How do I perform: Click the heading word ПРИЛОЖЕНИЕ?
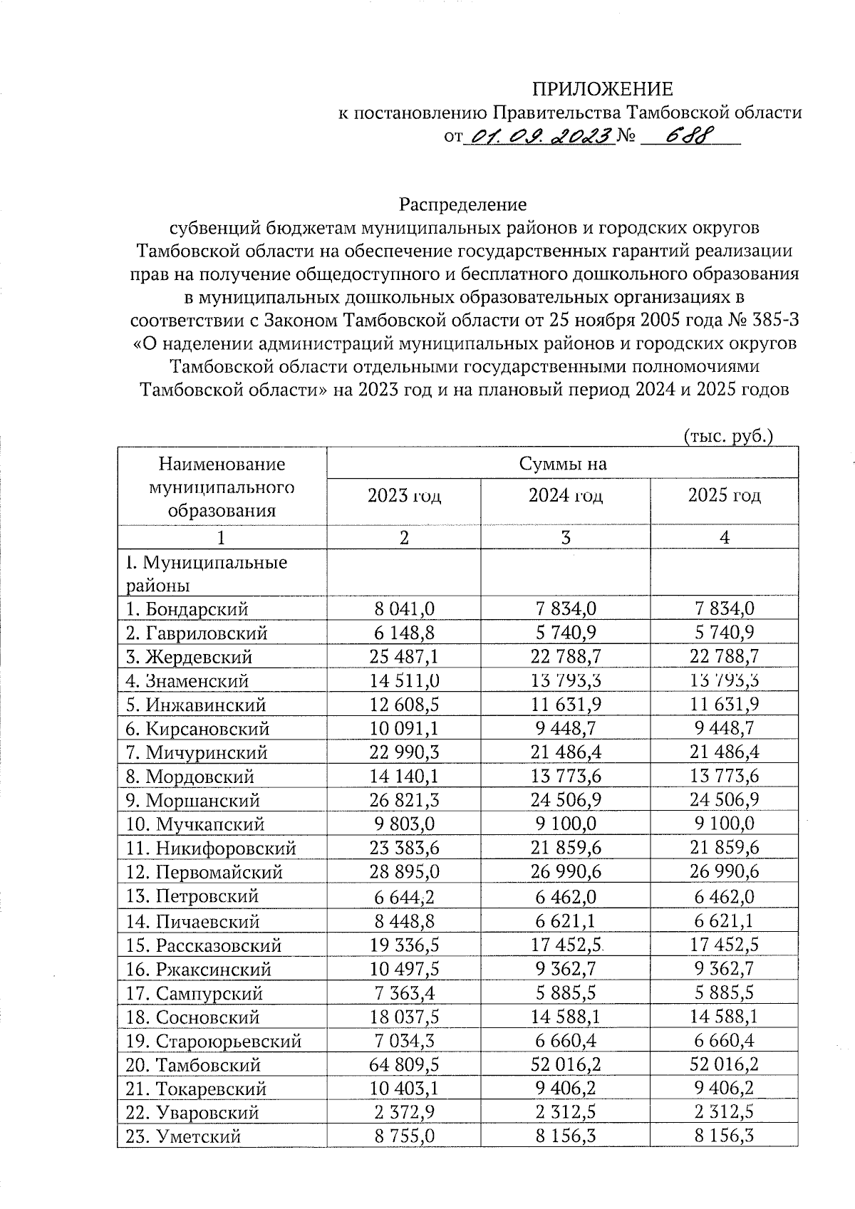603,89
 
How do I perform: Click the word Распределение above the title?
463,205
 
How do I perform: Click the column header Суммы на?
562,464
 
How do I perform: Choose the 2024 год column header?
565,496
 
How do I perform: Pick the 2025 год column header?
724,496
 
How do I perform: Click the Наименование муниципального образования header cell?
222,487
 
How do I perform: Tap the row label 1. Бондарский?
187,609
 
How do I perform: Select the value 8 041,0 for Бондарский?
404,608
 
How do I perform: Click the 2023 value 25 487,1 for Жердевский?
404,656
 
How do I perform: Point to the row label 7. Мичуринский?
197,752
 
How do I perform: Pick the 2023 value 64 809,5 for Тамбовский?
404,1065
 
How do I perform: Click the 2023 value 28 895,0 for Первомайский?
404,872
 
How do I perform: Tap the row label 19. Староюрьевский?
214,1042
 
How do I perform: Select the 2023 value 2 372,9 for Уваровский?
404,1113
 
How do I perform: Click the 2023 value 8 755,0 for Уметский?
404,1137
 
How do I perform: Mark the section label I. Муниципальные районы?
207,574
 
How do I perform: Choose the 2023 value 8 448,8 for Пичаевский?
404,921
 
